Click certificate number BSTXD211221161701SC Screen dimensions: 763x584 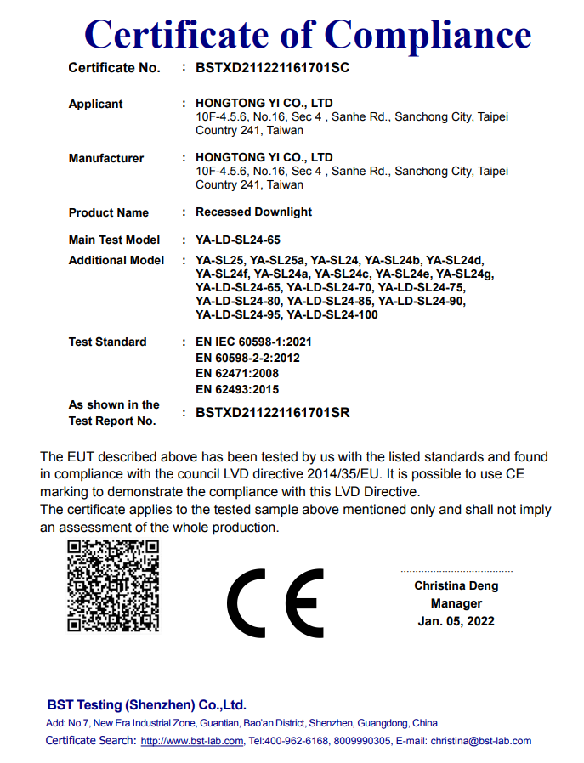272,68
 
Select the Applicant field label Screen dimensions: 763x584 95,104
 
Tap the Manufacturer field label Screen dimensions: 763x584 106,158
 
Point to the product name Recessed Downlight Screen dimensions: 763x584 253,212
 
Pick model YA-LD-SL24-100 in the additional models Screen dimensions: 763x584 332,315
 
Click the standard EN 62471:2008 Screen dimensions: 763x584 237,373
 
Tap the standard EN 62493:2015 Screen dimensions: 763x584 237,389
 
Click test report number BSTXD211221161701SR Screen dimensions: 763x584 272,413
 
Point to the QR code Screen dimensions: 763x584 113,585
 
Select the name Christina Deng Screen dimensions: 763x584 456,585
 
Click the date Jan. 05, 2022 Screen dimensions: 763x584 456,621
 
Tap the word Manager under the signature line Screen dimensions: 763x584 456,603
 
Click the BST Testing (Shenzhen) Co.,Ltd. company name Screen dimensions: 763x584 146,705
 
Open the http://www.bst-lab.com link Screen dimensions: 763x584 192,741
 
